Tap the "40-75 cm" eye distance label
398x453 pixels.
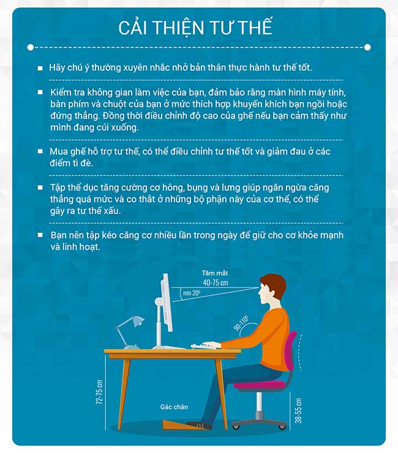216,282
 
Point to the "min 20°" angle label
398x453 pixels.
192,293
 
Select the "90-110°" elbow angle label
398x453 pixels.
241,323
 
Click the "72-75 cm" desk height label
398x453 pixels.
99,392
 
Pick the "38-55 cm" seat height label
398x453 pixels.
298,411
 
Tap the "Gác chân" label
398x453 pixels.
174,407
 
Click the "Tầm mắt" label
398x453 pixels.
215,273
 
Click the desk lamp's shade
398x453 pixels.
138,321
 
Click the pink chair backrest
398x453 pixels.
291,351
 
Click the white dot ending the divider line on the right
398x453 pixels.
367,47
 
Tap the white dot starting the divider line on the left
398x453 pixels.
31,48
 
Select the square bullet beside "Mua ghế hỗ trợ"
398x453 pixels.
40,152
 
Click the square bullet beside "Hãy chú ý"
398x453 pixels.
40,68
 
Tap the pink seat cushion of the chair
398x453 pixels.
259,385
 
